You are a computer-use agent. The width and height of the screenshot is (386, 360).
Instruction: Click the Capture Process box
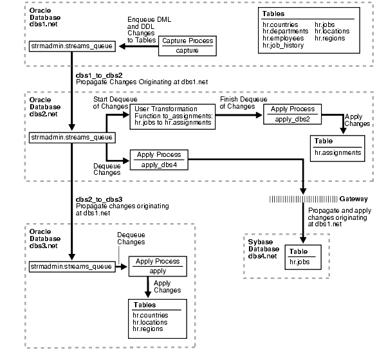187,46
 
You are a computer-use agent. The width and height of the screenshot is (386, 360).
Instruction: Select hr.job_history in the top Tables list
284,46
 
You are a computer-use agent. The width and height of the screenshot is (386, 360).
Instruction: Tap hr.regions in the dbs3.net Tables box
147,328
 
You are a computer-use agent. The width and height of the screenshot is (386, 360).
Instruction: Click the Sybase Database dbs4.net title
264,248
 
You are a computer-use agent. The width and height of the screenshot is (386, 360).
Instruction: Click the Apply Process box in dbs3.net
158,266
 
